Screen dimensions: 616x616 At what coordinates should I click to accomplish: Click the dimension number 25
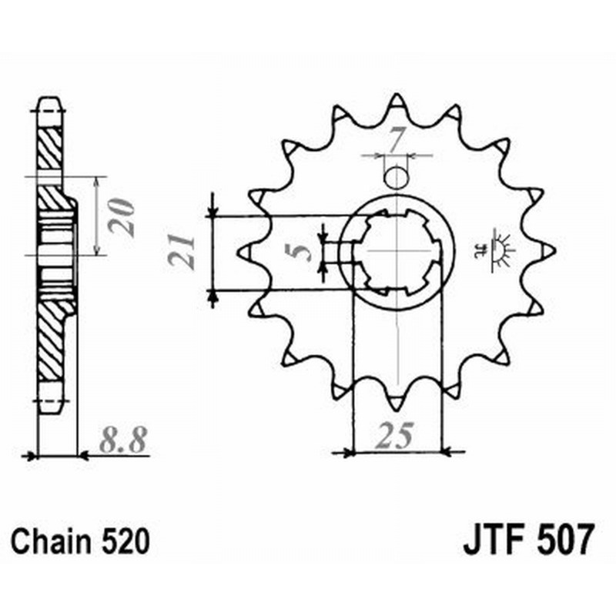395,437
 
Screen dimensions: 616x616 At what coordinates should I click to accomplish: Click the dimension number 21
182,252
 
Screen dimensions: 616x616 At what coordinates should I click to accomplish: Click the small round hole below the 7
396,178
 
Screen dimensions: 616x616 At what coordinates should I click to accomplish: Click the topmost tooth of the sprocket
397,102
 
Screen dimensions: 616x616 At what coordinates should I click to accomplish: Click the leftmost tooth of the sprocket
246,251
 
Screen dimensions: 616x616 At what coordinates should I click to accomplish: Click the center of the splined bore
397,251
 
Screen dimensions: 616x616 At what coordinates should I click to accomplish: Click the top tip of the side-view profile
48,99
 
